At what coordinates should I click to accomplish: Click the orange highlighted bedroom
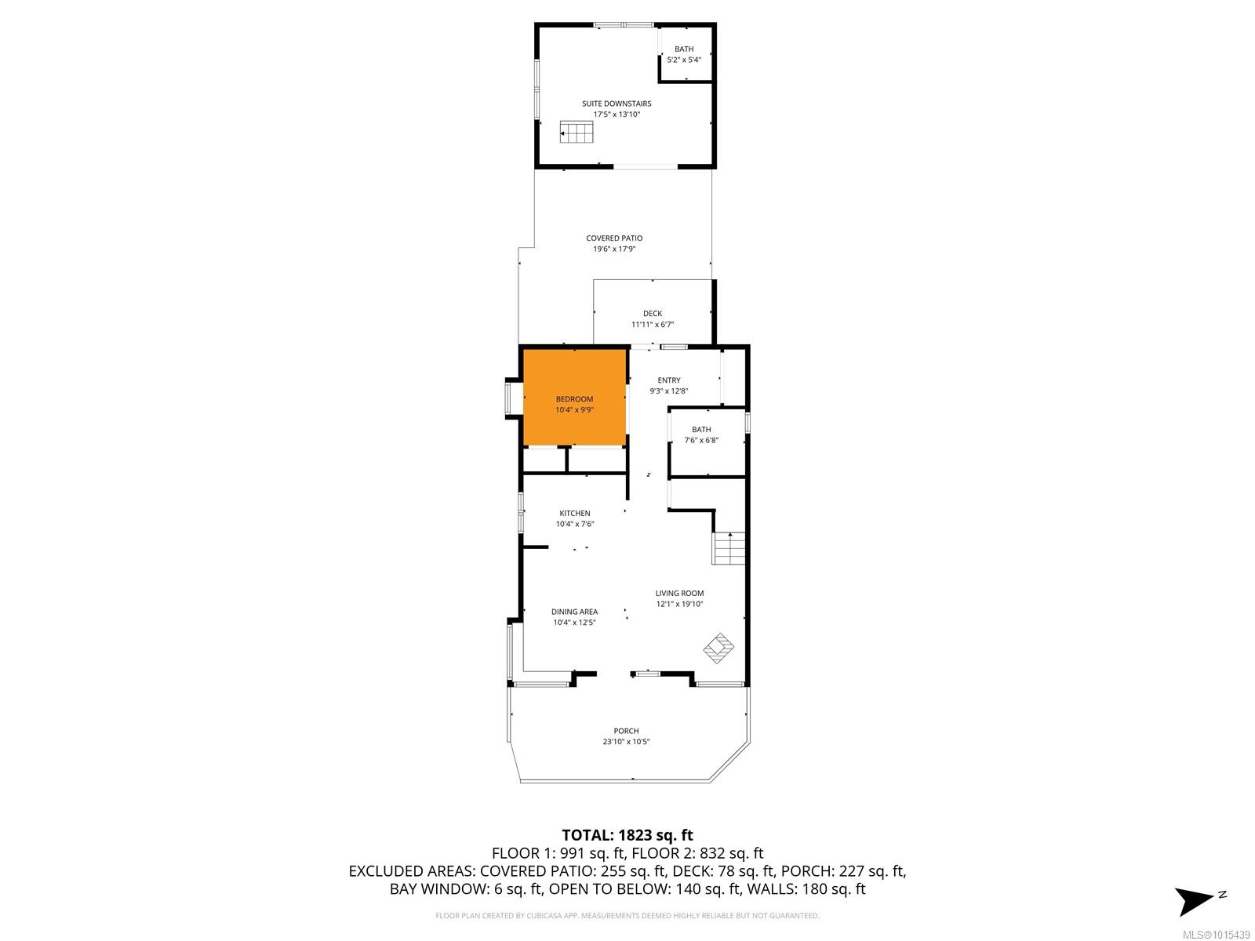(x=575, y=397)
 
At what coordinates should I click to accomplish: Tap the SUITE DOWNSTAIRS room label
(x=617, y=104)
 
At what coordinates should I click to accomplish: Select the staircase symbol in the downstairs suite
(x=576, y=132)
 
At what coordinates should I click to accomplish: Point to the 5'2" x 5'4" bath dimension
(x=684, y=60)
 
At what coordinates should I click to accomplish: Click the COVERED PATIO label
(x=614, y=238)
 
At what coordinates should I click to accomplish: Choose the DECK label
(x=653, y=313)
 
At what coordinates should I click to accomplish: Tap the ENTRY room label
(x=669, y=380)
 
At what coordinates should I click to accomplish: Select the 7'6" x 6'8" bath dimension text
(x=701, y=440)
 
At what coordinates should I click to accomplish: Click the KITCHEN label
(x=575, y=513)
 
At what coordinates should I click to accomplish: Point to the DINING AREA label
(x=575, y=612)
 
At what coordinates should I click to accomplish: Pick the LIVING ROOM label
(x=679, y=593)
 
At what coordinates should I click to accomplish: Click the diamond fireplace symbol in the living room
(x=718, y=648)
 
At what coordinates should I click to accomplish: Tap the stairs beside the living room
(x=729, y=548)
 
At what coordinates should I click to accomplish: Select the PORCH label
(x=626, y=731)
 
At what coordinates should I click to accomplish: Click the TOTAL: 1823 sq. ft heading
(x=627, y=835)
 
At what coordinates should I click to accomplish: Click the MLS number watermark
(x=1216, y=935)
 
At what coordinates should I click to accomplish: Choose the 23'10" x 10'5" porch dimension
(x=626, y=742)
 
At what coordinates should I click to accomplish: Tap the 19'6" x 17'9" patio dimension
(x=614, y=249)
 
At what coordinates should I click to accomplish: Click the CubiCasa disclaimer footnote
(x=627, y=915)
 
